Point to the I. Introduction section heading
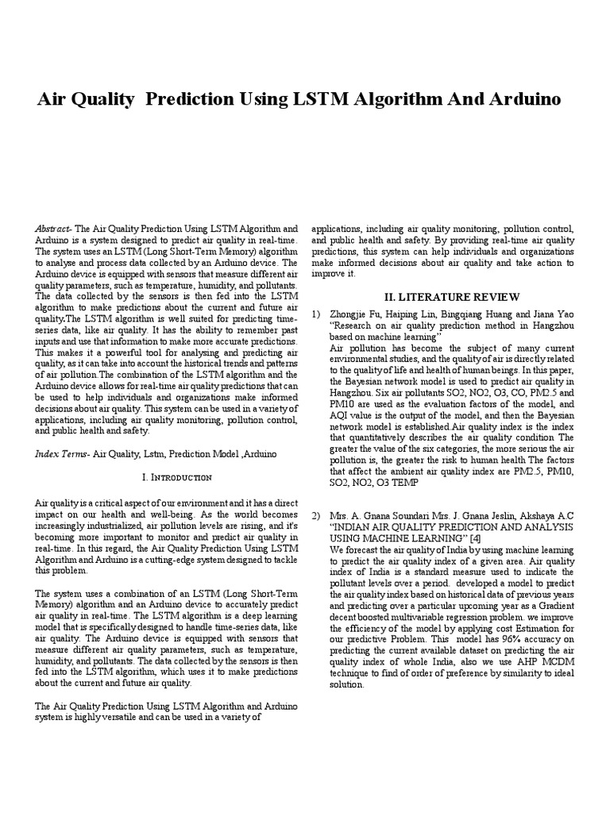pyautogui.click(x=176, y=477)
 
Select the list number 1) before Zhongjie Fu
pyautogui.click(x=315, y=315)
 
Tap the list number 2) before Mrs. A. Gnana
pyautogui.click(x=315, y=515)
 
